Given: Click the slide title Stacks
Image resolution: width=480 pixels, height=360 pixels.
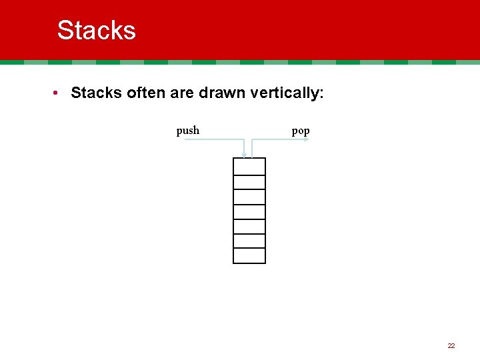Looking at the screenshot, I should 97,30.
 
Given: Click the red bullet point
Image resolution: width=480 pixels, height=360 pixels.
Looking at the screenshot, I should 59,93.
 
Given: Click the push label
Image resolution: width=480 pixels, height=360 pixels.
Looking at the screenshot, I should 187,131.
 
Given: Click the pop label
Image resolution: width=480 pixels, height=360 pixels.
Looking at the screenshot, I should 301,131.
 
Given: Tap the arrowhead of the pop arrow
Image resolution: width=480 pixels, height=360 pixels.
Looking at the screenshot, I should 307,140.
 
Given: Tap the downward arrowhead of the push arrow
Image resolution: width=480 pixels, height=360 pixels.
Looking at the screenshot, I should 245,155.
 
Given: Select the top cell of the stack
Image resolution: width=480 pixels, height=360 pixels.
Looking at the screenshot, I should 249,167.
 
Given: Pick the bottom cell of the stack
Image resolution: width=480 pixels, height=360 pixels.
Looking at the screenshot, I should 249,255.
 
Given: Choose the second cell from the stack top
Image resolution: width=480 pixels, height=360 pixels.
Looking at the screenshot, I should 249,182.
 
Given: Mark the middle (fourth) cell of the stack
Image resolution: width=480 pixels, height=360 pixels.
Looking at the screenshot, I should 249,211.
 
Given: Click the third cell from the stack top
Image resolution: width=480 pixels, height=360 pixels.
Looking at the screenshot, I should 249,197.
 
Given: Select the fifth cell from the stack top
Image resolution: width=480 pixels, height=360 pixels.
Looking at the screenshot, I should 249,226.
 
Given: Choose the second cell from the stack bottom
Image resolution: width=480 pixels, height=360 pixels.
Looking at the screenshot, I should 249,241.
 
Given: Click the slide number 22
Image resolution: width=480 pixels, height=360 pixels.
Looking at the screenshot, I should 451,345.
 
